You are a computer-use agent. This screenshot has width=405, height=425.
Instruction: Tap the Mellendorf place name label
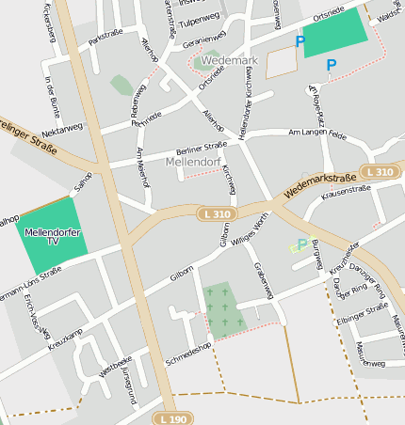click(192, 162)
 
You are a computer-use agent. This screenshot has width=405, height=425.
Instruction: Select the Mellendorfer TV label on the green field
click(53, 236)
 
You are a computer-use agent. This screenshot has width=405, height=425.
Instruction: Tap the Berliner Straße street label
click(202, 146)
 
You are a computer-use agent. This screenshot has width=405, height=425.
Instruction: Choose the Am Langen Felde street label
click(317, 136)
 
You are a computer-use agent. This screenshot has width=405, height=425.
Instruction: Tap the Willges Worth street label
click(251, 229)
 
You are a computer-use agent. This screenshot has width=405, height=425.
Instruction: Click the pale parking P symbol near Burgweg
click(301, 244)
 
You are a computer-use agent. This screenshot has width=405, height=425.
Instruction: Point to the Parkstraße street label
click(106, 39)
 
